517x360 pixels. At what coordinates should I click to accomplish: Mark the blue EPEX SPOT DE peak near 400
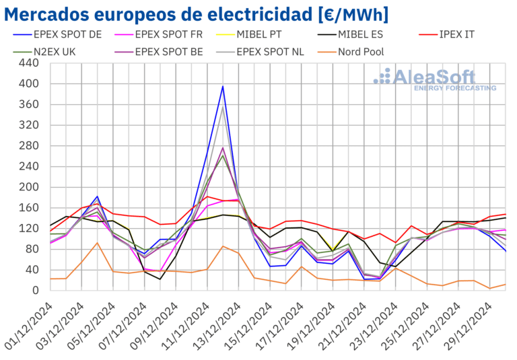223,86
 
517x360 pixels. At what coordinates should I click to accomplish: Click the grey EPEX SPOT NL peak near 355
223,107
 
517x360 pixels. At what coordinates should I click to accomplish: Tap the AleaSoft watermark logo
436,79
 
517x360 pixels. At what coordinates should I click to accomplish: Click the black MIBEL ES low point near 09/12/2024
160,279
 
